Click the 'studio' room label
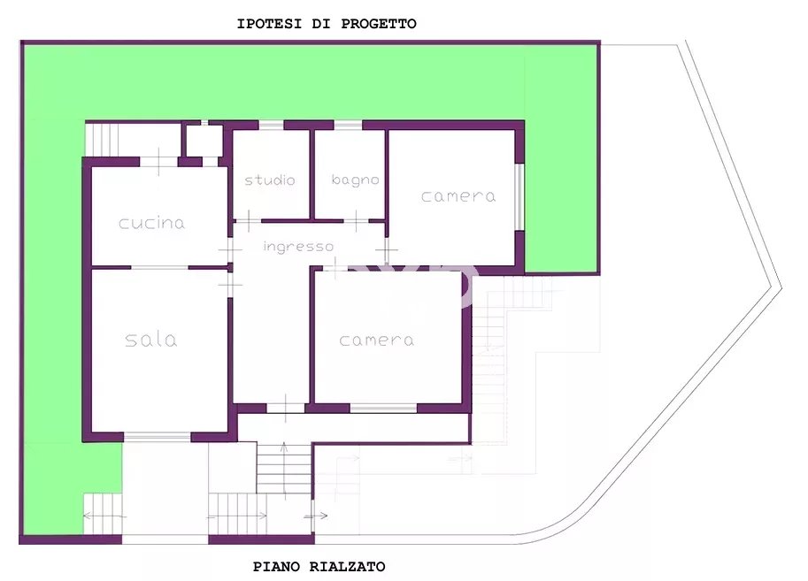click(270, 180)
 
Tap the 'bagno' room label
click(356, 180)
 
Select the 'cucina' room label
click(151, 223)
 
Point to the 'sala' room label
click(151, 340)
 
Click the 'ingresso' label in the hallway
click(298, 247)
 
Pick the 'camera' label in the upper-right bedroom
click(458, 196)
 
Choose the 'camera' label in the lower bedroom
click(377, 340)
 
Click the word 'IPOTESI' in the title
click(269, 24)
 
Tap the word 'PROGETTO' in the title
click(379, 24)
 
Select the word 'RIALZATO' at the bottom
click(347, 567)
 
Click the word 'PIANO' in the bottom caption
click(276, 567)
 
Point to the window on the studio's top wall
click(271, 125)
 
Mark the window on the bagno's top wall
click(348, 125)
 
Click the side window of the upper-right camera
click(520, 196)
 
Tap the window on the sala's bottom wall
click(158, 437)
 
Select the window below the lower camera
click(383, 409)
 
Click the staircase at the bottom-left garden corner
click(103, 514)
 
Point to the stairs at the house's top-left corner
click(102, 139)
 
